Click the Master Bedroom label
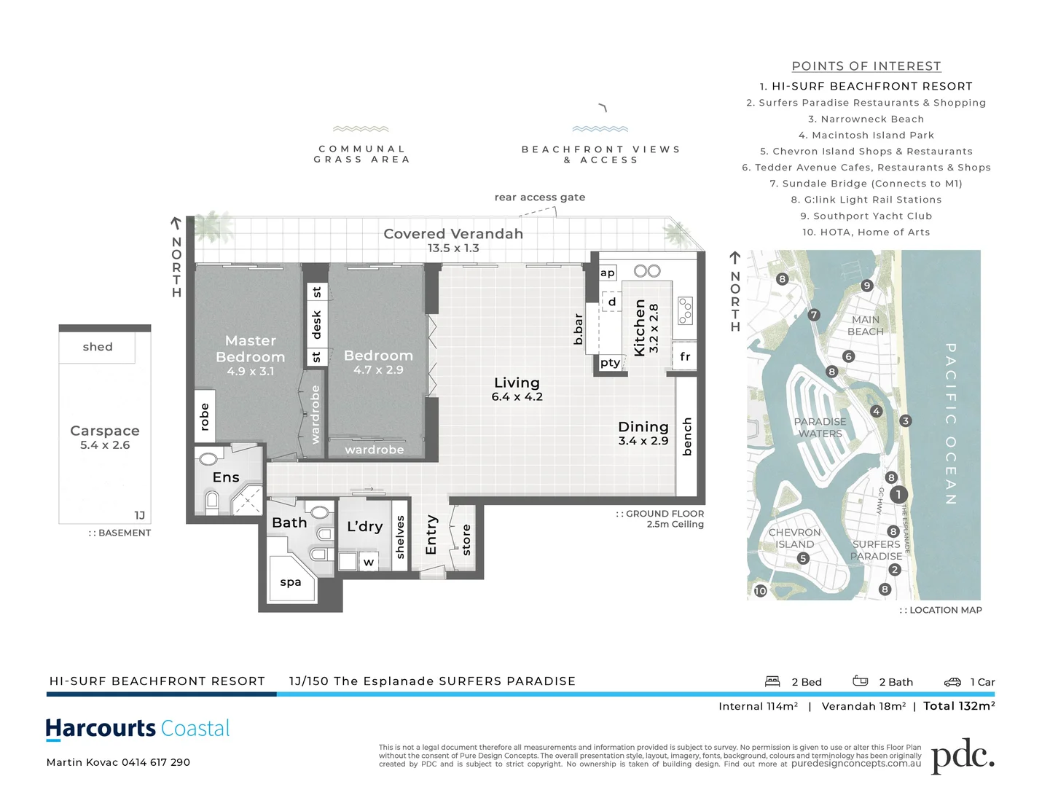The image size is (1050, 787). click(250, 349)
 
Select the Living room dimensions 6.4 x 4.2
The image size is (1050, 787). click(517, 397)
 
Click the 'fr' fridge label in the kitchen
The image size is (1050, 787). click(685, 356)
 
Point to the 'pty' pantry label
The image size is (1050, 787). click(611, 362)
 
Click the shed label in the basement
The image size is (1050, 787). click(98, 347)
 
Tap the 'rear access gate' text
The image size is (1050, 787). click(539, 197)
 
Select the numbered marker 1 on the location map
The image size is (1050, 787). click(898, 495)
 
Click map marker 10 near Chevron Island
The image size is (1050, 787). click(760, 591)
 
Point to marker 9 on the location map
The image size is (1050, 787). click(866, 286)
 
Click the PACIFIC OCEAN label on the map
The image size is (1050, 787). click(951, 423)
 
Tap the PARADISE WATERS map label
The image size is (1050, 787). click(820, 428)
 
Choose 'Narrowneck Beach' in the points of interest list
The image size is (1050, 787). click(866, 119)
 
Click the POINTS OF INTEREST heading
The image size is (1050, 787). click(866, 66)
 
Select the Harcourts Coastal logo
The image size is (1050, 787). click(138, 729)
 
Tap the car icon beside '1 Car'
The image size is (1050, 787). click(952, 682)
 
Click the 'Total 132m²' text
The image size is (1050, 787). click(959, 706)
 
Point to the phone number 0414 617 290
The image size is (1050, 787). click(156, 762)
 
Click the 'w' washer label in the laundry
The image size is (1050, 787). click(369, 562)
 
